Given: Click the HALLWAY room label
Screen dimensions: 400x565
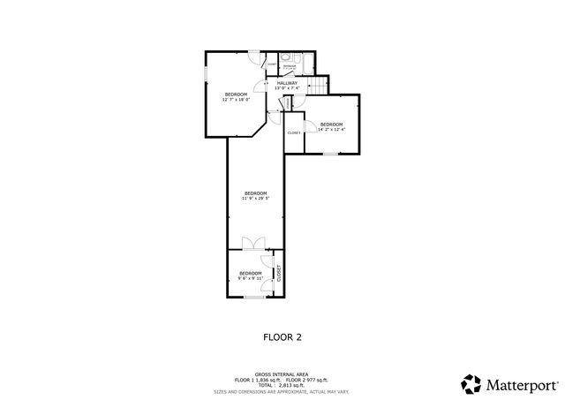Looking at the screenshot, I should click(287, 83).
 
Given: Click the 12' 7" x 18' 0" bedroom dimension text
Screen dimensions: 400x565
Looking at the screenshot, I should click(236, 100).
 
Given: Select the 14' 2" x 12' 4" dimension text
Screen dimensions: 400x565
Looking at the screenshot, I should click(331, 130).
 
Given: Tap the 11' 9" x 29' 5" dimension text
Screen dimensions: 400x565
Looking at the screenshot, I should click(255, 199).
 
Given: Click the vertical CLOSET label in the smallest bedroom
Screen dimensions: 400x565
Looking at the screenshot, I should click(279, 272).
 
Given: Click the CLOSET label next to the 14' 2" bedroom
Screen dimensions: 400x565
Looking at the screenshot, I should click(293, 132).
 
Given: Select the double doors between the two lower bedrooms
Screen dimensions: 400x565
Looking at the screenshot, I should click(255, 243).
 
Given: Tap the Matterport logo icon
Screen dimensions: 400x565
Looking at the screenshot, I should click(471, 384).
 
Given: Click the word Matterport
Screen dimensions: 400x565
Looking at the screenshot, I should click(519, 384).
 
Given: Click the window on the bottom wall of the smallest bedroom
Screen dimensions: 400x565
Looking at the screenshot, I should click(254, 298).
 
